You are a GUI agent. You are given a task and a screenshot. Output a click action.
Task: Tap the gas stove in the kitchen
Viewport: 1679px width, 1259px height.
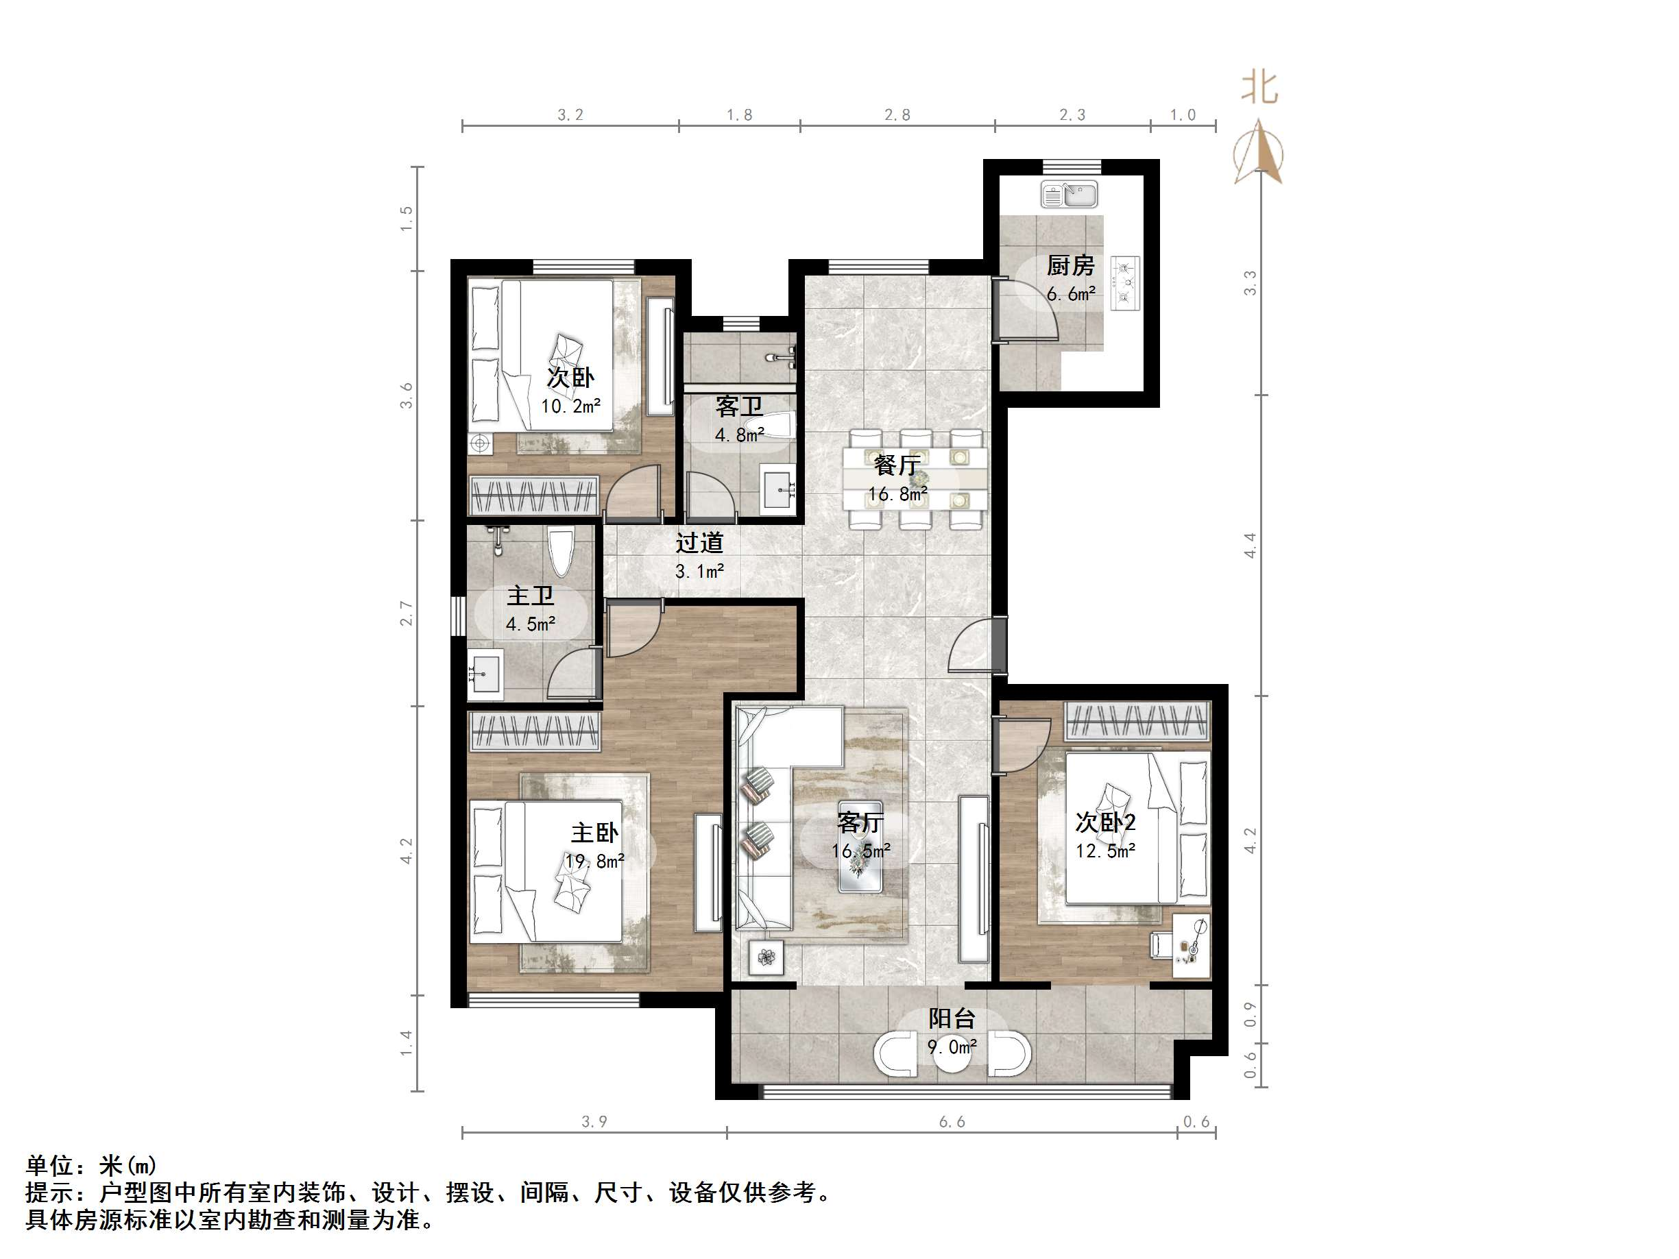(x=1125, y=283)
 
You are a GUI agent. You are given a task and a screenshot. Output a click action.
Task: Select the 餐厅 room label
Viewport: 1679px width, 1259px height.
(x=897, y=465)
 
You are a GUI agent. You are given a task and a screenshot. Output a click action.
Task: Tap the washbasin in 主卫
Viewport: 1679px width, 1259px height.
(x=484, y=674)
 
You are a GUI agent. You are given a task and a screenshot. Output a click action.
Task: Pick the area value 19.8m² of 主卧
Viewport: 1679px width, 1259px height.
(x=594, y=861)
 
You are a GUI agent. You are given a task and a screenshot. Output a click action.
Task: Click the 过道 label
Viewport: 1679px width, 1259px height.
(x=699, y=543)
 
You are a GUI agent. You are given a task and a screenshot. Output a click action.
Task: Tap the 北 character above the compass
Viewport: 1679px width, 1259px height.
(x=1259, y=88)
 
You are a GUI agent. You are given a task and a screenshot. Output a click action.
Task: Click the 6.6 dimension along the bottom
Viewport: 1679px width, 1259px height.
(x=951, y=1122)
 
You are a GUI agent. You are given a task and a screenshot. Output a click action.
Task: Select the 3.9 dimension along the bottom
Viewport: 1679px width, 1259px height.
(x=594, y=1122)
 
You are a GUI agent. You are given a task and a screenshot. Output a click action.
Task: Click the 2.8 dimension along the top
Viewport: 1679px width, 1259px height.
(x=897, y=115)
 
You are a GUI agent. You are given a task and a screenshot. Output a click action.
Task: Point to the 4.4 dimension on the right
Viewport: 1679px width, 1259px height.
(x=1249, y=545)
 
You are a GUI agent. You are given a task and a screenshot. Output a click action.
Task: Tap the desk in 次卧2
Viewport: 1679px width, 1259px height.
(x=1191, y=944)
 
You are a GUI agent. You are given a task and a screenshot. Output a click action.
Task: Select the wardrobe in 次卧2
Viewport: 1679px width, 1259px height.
(x=1135, y=720)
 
